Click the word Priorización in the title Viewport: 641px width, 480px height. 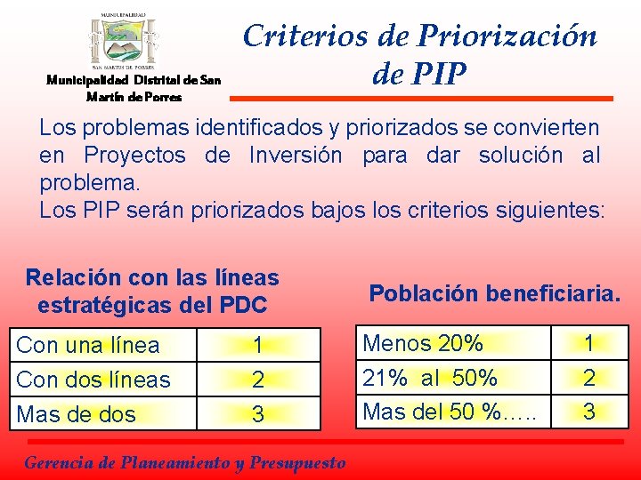(x=516, y=36)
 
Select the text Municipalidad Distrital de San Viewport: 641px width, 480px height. (x=134, y=81)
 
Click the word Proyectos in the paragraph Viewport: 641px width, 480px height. (x=134, y=155)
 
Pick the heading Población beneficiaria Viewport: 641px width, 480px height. (x=494, y=293)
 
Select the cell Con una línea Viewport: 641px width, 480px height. (x=88, y=345)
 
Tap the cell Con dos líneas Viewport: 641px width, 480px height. (x=93, y=380)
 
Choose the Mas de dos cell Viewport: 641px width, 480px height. (x=77, y=414)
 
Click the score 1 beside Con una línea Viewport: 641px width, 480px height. (x=257, y=345)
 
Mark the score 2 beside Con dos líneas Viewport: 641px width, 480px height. (x=257, y=380)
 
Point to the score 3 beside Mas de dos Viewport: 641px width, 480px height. (x=257, y=414)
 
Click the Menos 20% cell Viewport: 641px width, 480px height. (x=424, y=342)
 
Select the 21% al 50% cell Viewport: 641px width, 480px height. (x=431, y=377)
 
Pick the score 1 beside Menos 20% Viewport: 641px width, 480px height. (x=588, y=342)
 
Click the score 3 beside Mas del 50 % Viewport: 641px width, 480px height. (x=588, y=412)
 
